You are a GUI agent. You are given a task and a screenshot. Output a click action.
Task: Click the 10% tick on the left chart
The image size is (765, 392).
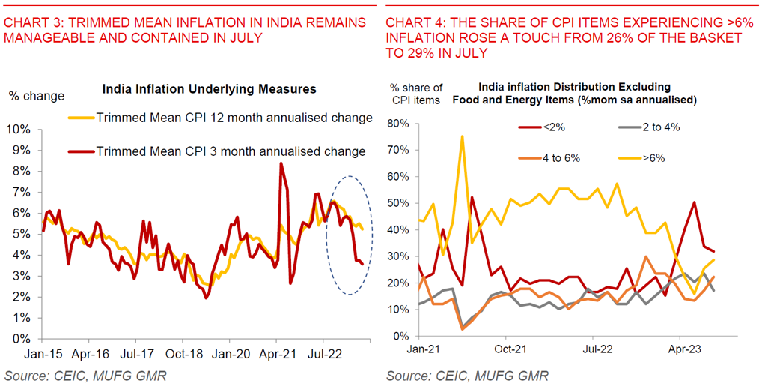pyautogui.click(x=17, y=130)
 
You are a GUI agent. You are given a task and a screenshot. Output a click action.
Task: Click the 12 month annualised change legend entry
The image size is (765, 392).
pyautogui.click(x=234, y=118)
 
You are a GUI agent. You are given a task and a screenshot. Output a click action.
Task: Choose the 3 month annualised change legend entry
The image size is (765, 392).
pyautogui.click(x=231, y=151)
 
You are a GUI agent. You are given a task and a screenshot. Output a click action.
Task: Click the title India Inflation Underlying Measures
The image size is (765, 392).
pyautogui.click(x=209, y=89)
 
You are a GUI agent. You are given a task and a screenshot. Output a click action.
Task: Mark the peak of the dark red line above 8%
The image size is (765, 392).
pyautogui.click(x=281, y=163)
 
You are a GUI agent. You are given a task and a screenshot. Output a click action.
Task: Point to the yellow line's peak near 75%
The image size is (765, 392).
pyautogui.click(x=462, y=136)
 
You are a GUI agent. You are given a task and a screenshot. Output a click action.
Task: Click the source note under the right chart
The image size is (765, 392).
pyautogui.click(x=468, y=375)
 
